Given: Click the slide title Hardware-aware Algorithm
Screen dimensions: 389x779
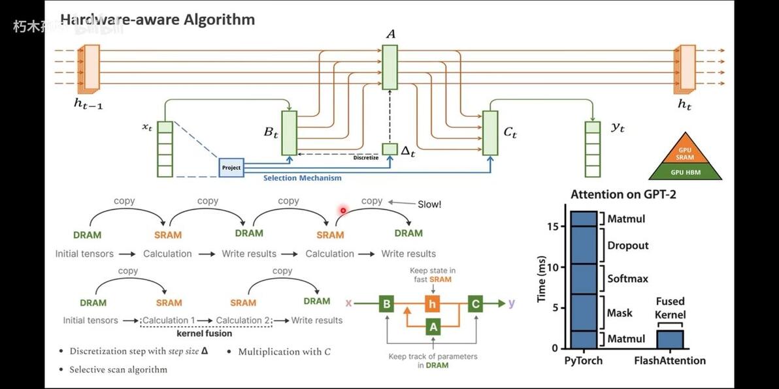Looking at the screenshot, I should click(157, 20).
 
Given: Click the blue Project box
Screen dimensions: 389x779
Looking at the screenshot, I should click(231, 168).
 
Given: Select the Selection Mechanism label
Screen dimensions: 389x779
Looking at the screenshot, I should click(302, 178).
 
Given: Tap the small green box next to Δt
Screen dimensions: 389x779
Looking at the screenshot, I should click(389, 149).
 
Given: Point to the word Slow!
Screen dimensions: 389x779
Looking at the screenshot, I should click(429, 204).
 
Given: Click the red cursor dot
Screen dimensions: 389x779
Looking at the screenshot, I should click(342, 210).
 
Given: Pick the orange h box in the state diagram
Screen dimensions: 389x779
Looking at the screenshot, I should click(431, 303).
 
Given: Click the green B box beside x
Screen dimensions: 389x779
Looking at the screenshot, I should click(387, 303).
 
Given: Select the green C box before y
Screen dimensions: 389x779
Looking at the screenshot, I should click(475, 303).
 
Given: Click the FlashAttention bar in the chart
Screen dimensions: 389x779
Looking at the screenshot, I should click(671, 339).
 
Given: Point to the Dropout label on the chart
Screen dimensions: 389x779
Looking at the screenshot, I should click(627, 245).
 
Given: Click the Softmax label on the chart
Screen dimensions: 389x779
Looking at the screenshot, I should click(627, 279).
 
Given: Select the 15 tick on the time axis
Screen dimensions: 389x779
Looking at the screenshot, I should click(552, 226).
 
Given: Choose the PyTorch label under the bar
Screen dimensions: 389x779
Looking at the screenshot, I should click(583, 360).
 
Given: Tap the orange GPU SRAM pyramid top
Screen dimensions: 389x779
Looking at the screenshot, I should click(685, 154).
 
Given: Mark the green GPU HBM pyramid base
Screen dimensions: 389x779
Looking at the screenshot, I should click(685, 172).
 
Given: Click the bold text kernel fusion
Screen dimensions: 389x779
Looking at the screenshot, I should click(205, 334).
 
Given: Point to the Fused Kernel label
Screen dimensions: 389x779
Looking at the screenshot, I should click(671, 307).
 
